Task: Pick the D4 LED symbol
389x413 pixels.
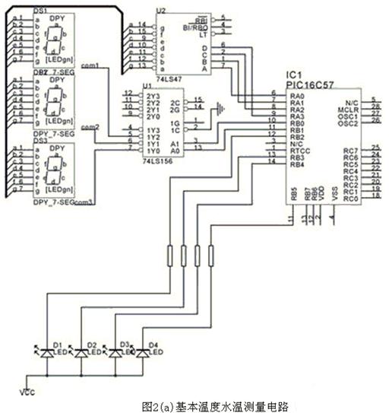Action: click(142, 353)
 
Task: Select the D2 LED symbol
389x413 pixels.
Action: click(80, 353)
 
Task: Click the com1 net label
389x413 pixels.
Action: click(89, 66)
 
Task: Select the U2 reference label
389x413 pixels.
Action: click(160, 11)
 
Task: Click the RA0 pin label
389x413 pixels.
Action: click(296, 97)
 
